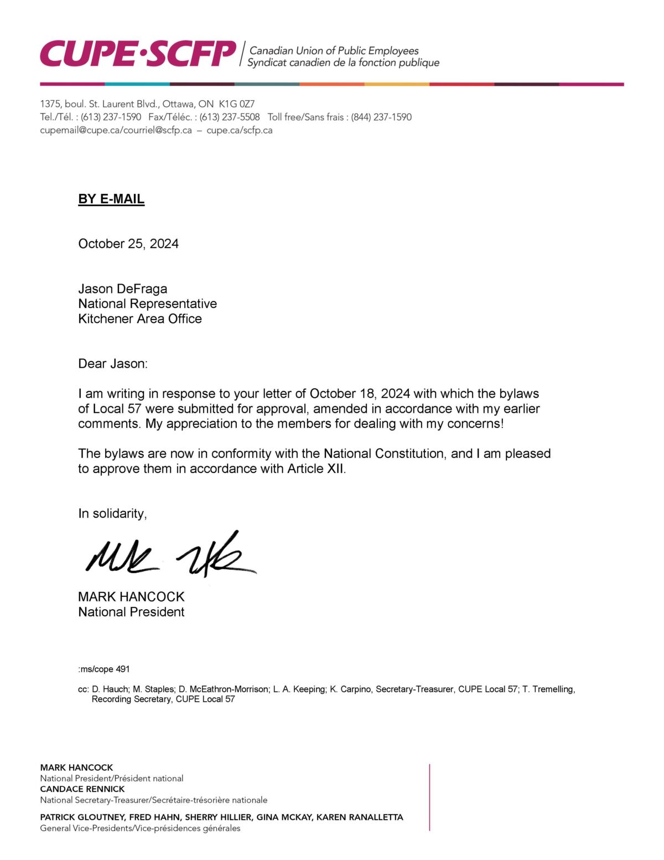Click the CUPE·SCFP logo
pos(138,54)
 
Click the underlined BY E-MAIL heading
pos(111,199)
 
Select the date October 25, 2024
pos(128,244)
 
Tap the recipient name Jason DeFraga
pos(122,289)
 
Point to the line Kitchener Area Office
pos(140,319)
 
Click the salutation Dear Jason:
pos(113,364)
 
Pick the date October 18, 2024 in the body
pos(360,394)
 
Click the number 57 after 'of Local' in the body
pos(134,409)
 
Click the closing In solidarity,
pos(112,514)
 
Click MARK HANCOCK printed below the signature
pos(131,597)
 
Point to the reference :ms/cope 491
pos(104,669)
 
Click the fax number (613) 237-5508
pos(230,117)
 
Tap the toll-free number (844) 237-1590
pos(381,117)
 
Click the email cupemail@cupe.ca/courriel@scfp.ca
pos(116,131)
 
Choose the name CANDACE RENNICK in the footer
pos(82,789)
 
